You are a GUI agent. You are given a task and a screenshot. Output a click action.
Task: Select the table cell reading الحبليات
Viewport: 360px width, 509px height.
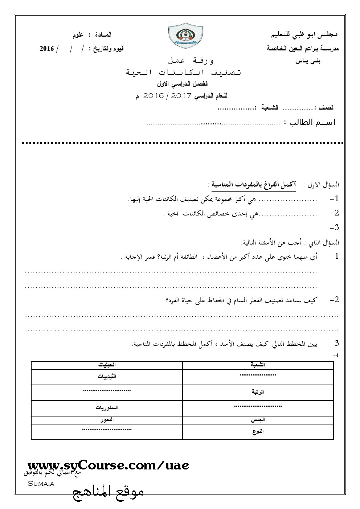coord(107,365)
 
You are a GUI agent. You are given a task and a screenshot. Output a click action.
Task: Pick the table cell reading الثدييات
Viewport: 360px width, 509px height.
coord(107,377)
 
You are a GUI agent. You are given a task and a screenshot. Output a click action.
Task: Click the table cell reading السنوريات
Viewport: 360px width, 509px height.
coord(107,408)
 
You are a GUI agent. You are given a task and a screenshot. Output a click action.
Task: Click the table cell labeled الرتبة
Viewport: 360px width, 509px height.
coord(258,392)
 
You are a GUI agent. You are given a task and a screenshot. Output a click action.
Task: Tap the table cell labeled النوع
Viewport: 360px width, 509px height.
coord(258,431)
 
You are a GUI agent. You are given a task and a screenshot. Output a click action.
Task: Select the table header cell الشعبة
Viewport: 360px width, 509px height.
coord(258,365)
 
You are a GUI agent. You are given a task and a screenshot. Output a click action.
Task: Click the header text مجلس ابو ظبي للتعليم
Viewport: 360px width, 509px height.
coord(305,36)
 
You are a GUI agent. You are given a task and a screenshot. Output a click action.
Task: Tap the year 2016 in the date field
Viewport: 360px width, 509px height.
coord(46,49)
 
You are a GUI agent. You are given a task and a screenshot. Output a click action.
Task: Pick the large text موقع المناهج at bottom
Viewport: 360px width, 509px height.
coord(109,493)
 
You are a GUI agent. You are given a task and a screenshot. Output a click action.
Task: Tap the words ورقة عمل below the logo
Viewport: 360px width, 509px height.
coord(191,59)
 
